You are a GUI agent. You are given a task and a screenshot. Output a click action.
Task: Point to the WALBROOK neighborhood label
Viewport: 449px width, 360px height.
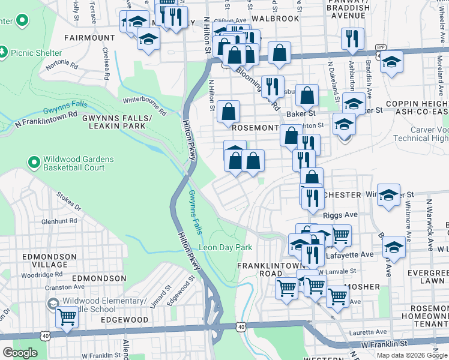[276, 19]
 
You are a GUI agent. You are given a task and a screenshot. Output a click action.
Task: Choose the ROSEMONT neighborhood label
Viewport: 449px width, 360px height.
[255, 128]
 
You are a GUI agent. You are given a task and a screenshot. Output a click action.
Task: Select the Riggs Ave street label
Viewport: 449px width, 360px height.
[340, 214]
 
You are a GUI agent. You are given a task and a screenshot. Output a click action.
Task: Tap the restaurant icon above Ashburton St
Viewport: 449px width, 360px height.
[353, 38]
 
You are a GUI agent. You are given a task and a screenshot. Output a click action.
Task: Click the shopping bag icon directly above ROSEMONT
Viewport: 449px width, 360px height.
[229, 111]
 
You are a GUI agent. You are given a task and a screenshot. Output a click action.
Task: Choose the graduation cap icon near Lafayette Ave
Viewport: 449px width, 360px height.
[394, 246]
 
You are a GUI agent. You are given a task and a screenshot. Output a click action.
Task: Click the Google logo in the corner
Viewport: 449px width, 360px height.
[20, 352]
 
